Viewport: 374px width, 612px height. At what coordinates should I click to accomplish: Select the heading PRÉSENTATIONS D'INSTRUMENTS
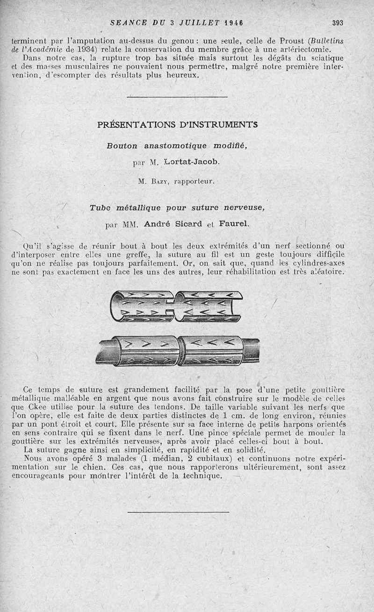click(177, 125)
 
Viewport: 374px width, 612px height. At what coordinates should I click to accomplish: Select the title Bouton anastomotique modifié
click(177, 145)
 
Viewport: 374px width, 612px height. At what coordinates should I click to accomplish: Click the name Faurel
click(232, 224)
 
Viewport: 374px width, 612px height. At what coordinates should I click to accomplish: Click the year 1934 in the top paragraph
click(69, 50)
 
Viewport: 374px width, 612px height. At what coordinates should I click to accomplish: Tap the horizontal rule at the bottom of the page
click(178, 512)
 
